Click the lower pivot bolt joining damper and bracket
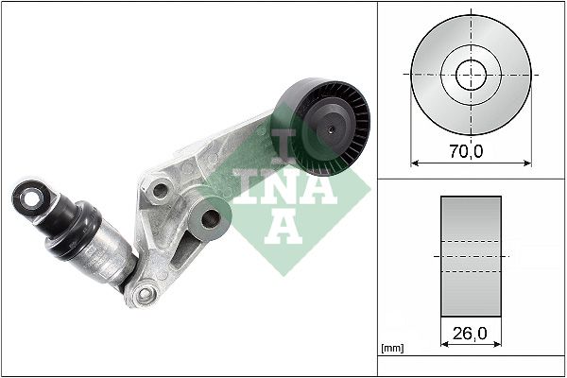tap(144, 295)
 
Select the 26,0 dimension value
tap(472, 335)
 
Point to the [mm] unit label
tap(392, 350)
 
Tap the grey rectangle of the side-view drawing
tap(472, 257)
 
